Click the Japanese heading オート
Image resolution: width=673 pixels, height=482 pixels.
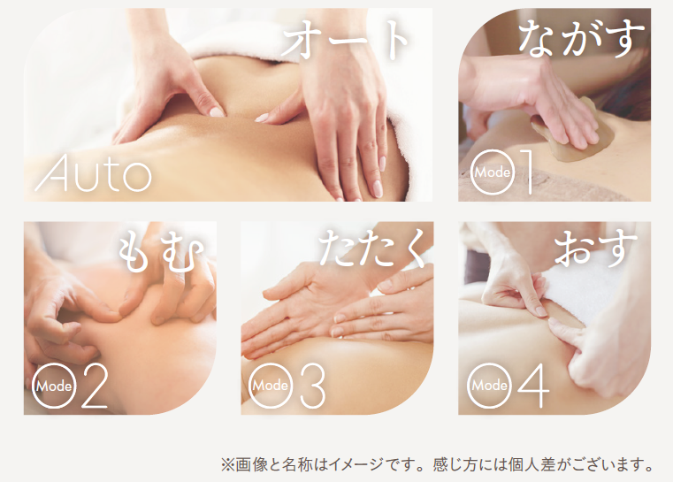point(346,40)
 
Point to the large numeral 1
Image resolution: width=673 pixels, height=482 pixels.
point(527,172)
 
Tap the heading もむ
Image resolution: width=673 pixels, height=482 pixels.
point(161,253)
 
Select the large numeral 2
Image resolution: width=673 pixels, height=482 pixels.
point(94,385)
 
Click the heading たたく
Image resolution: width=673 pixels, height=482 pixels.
point(372,249)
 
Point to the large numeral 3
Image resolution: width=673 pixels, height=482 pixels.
point(312,386)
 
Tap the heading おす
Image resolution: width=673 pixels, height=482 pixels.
point(596,249)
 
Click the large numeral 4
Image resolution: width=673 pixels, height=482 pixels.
point(533,386)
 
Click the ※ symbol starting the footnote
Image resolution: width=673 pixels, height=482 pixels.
point(227,465)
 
